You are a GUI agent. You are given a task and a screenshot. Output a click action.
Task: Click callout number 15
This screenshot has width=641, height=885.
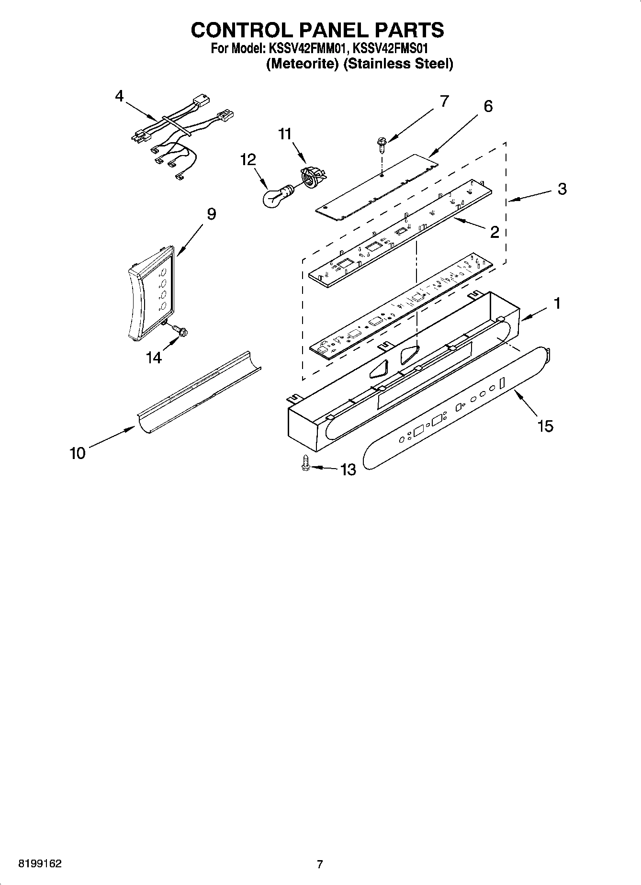pos(545,426)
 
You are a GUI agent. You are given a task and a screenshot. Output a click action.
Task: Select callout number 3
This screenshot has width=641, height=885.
pos(562,189)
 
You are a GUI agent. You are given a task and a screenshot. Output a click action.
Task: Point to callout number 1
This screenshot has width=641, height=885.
pos(557,303)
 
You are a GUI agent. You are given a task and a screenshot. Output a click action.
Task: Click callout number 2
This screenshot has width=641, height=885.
pos(495,232)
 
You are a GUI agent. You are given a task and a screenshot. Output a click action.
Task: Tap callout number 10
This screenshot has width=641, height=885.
pos(78,453)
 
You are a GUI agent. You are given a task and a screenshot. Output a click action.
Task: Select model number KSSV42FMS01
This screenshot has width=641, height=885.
pos(390,48)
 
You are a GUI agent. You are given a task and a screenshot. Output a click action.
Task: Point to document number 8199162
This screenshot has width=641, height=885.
pos(40,864)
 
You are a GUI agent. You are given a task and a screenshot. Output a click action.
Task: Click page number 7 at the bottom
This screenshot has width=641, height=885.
pos(320,864)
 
